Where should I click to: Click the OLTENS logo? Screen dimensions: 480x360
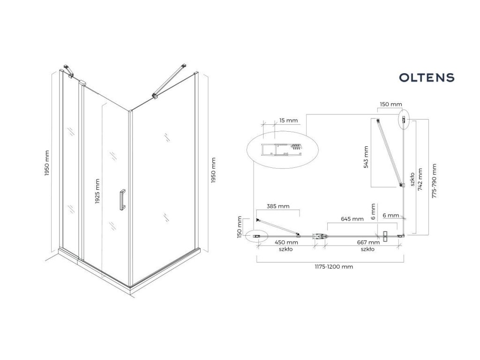(x=427, y=77)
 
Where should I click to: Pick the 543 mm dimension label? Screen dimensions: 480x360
(x=366, y=157)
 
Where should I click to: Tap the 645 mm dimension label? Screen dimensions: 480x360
(x=352, y=219)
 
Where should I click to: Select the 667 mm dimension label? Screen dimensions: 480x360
(x=367, y=242)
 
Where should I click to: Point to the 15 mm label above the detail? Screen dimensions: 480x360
(x=288, y=121)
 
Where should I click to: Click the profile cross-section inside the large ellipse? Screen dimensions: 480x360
(x=281, y=150)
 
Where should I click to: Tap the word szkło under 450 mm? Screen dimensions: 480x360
(x=285, y=249)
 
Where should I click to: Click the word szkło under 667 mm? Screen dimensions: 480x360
(x=367, y=249)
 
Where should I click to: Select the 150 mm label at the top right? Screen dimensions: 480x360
(x=390, y=105)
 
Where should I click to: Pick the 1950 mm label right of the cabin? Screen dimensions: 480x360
(x=213, y=169)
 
